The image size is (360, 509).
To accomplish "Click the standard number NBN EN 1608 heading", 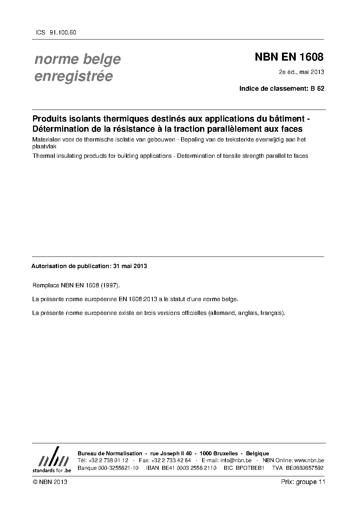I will coord(289,57).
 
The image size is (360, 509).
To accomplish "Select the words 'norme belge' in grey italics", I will coord(77,59).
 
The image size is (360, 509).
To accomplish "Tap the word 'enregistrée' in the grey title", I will coord(73,76).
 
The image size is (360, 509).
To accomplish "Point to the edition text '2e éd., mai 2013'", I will coord(301,72).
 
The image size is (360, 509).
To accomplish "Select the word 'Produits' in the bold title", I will coord(48,119).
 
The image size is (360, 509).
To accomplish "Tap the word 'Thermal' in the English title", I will coord(42,156).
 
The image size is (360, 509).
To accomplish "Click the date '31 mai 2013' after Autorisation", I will coord(130,266).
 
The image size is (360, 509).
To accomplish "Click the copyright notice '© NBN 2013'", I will coord(50,482).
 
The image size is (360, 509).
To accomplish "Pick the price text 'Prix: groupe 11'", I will coord(303,482).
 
